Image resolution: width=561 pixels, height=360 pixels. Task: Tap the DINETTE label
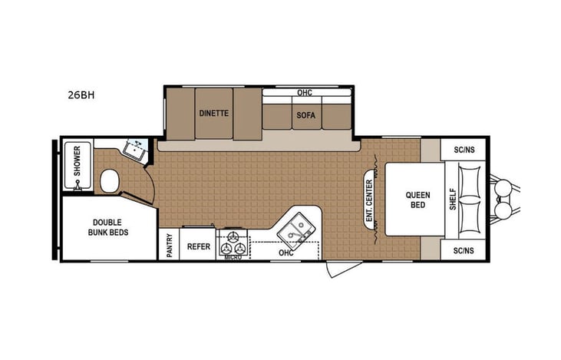click(x=214, y=113)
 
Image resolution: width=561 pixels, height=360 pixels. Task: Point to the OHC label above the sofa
click(x=304, y=93)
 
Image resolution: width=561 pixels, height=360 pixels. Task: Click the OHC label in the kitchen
click(x=285, y=253)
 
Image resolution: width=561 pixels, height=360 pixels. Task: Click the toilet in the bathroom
click(x=110, y=181)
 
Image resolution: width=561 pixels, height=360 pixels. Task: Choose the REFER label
click(x=199, y=247)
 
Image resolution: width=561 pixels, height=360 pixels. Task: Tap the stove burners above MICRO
click(x=232, y=245)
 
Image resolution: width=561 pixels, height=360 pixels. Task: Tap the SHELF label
click(x=452, y=199)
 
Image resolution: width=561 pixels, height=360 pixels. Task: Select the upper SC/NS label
click(x=464, y=150)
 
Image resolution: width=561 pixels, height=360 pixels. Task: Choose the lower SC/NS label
click(x=464, y=250)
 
